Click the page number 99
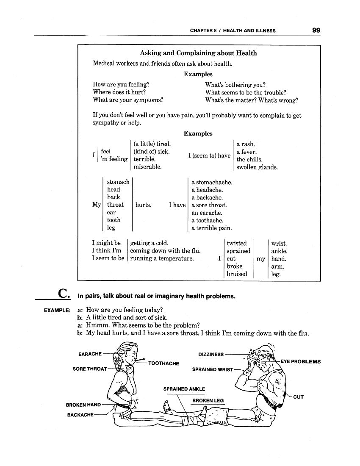point(316,30)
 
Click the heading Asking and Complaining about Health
point(198,53)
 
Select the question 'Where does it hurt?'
point(119,92)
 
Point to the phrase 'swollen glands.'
point(257,167)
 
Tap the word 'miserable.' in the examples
point(147,167)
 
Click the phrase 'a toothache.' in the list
point(207,221)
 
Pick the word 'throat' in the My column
point(115,205)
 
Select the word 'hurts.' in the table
point(143,205)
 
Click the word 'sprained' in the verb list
point(238,251)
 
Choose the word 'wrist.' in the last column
point(279,244)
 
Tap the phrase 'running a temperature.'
point(162,259)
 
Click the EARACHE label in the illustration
point(90,354)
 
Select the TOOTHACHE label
point(163,363)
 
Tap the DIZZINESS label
point(211,355)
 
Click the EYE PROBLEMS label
point(301,362)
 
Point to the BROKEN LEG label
point(208,401)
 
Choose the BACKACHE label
point(80,415)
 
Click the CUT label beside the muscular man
point(299,397)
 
